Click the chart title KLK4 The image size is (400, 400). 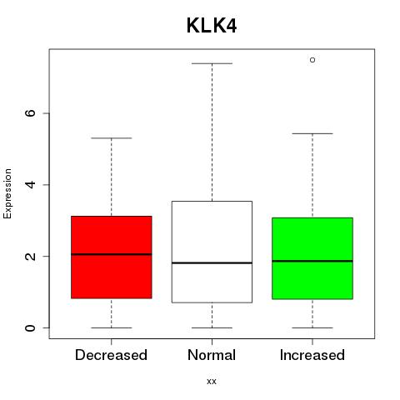click(x=212, y=26)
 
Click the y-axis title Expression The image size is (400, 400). click(x=7, y=193)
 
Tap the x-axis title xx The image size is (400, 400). click(x=212, y=382)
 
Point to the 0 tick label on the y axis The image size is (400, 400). click(x=30, y=327)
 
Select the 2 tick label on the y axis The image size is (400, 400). click(x=30, y=256)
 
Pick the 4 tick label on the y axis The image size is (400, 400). click(x=30, y=185)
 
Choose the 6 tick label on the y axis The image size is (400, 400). click(x=30, y=113)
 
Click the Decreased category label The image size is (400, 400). click(x=111, y=355)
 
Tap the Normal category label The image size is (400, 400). click(x=212, y=355)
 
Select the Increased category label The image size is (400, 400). click(x=312, y=355)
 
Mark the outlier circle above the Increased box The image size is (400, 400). click(x=312, y=60)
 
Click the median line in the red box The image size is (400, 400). click(x=112, y=254)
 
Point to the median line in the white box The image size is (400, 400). click(x=212, y=262)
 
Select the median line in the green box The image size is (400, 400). click(x=312, y=261)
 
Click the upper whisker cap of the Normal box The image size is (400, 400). click(x=212, y=63)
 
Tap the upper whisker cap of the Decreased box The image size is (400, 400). click(x=112, y=138)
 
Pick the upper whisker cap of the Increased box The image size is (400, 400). click(x=312, y=133)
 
